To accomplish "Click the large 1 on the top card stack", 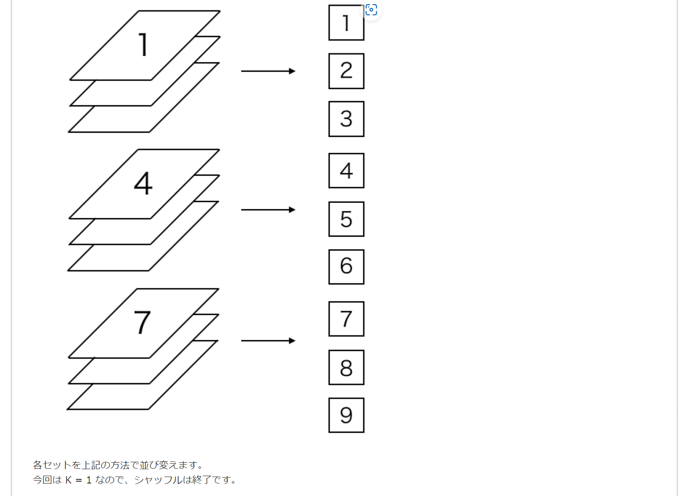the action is [143, 45].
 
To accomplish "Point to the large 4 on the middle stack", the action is [143, 184].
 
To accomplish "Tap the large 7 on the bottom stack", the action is [142, 322].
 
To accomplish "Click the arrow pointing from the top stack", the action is [268, 71].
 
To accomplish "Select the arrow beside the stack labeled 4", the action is [268, 210].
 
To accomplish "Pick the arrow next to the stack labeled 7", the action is [268, 341].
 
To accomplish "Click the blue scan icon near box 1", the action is [371, 10].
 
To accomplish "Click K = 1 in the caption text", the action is [78, 480].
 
